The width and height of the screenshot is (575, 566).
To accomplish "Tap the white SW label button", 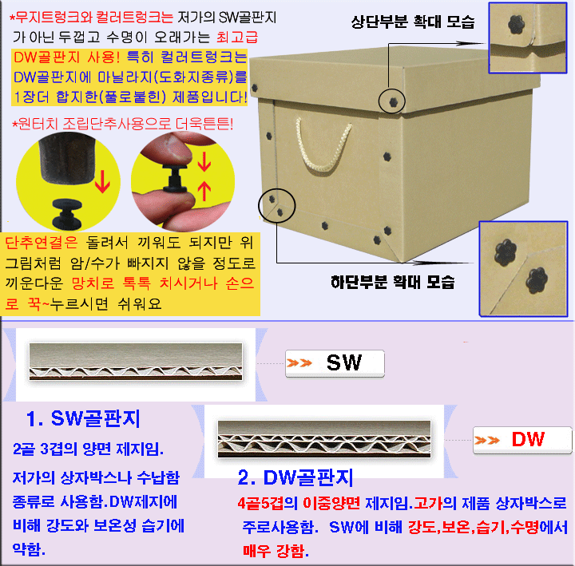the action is pyautogui.click(x=335, y=363).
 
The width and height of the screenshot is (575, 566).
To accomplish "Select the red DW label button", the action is pyautogui.click(x=522, y=440).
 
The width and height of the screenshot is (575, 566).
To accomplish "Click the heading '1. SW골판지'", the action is pyautogui.click(x=83, y=418).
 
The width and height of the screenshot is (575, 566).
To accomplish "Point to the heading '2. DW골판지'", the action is pyautogui.click(x=295, y=477).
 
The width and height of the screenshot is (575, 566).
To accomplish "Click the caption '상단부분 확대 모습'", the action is pyautogui.click(x=413, y=22).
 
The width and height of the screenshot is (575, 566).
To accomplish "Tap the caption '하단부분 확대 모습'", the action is pyautogui.click(x=392, y=282).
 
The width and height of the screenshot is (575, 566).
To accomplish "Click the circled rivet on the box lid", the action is pyautogui.click(x=393, y=101).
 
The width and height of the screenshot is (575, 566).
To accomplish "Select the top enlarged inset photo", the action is pyautogui.click(x=528, y=38).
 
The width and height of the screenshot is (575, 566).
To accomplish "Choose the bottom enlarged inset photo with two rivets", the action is pyautogui.click(x=523, y=268).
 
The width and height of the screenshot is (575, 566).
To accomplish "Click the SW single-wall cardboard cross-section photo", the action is pyautogui.click(x=136, y=362).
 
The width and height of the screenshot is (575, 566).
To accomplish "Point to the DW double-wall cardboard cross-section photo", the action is pyautogui.click(x=324, y=439).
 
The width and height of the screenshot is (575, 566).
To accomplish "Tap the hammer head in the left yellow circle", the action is pyautogui.click(x=66, y=157).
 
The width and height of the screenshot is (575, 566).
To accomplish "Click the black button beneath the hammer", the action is pyautogui.click(x=67, y=214).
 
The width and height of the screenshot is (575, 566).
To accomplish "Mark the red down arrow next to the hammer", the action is pyautogui.click(x=103, y=180).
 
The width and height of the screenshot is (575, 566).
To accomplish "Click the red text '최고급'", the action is pyautogui.click(x=237, y=37).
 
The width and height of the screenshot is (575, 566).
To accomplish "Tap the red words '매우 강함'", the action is pyautogui.click(x=274, y=551).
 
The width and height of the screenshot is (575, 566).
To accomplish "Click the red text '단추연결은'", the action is pyautogui.click(x=42, y=243).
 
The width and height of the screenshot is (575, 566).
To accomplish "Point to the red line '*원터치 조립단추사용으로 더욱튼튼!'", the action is pyautogui.click(x=123, y=125).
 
